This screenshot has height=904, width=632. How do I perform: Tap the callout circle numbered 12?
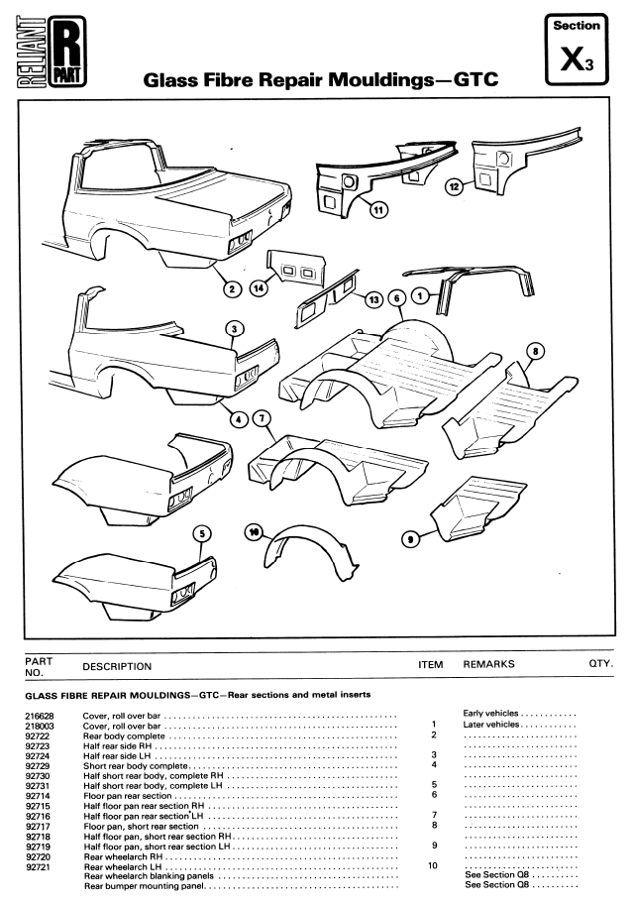click(x=456, y=186)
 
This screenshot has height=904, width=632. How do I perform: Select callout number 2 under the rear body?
click(x=232, y=289)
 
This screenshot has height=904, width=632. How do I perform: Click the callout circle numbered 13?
click(x=374, y=298)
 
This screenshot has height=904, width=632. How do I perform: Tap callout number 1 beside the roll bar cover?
click(x=419, y=294)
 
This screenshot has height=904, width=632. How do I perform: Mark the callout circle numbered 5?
click(x=202, y=533)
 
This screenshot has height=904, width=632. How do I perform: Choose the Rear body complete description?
click(x=129, y=735)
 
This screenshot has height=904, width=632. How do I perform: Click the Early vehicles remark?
click(x=491, y=714)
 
